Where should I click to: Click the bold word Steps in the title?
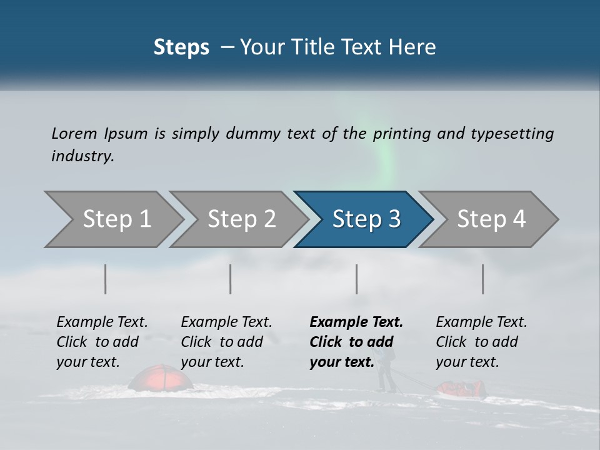click(181, 47)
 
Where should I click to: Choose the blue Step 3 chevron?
click(366, 219)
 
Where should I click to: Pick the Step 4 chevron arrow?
click(491, 219)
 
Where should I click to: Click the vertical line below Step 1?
click(106, 279)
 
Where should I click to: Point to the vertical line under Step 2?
click(231, 279)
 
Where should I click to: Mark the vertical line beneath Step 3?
click(356, 279)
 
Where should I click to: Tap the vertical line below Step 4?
click(482, 279)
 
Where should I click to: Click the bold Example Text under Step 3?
click(356, 322)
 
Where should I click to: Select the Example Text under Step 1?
click(102, 322)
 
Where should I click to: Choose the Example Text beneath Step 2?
click(226, 322)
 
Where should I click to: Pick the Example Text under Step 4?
click(481, 322)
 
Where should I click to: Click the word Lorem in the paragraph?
click(74, 134)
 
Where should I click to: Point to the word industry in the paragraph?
click(82, 156)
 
